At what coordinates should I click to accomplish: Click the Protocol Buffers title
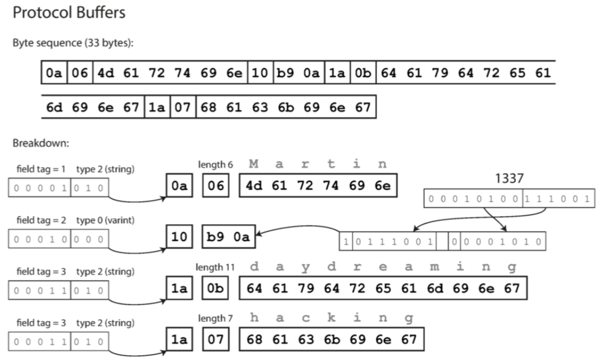pos(69,13)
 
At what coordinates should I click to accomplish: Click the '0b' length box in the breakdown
pos(216,289)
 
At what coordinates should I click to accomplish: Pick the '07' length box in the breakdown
pos(216,339)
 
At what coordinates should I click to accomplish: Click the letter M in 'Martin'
pos(254,163)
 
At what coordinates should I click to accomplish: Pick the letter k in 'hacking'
pos(331,318)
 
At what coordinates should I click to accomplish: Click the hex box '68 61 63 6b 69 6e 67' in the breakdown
pos(332,339)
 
